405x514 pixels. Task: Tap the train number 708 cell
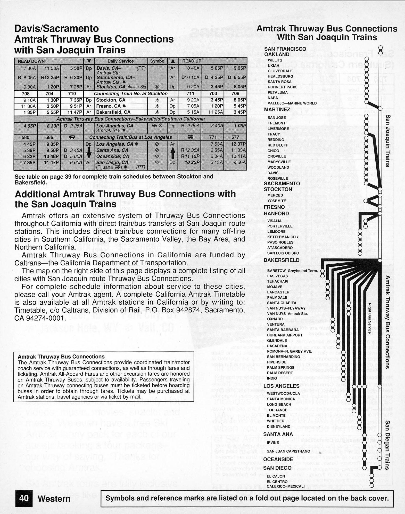[x=26, y=93]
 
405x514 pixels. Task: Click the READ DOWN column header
[x=31, y=61]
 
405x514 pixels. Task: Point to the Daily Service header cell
[x=120, y=61]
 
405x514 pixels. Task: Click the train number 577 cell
[x=235, y=137]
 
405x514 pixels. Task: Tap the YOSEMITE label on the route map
[x=276, y=201]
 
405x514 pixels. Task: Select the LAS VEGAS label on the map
[x=277, y=276]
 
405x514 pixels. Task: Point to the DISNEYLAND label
[x=278, y=426]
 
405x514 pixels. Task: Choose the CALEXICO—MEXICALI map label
[x=285, y=486]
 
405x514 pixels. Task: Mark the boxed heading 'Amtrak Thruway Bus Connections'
[x=61, y=357]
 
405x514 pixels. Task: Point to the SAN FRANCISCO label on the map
[x=285, y=49]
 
